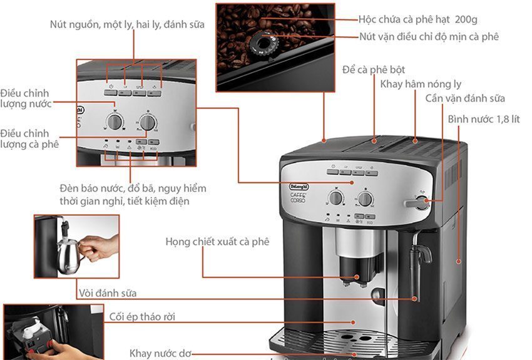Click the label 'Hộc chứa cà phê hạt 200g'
click(417, 19)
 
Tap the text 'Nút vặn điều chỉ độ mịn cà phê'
click(429, 37)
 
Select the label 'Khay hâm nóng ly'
click(421, 84)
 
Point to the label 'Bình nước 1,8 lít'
click(483, 119)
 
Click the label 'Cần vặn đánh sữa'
click(465, 98)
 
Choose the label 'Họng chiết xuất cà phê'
click(217, 242)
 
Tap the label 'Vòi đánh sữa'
click(108, 293)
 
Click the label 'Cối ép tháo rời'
click(142, 317)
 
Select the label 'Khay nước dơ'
click(160, 354)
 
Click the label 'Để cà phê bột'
click(374, 70)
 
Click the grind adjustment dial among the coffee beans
click(263, 43)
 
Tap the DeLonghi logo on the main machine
click(299, 187)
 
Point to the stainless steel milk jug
click(69, 254)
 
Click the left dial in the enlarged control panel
click(115, 121)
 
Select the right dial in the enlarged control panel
click(148, 122)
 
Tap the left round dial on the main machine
click(335, 197)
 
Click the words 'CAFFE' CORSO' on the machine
click(298, 198)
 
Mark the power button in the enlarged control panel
click(111, 92)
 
